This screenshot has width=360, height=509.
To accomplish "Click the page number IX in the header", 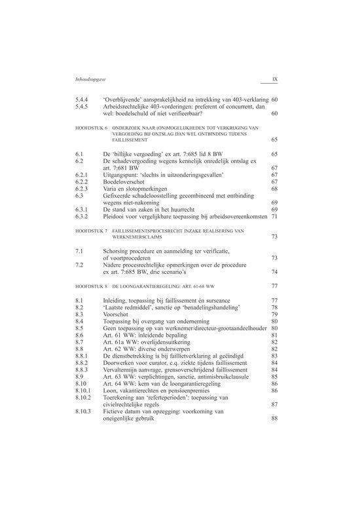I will [275, 81].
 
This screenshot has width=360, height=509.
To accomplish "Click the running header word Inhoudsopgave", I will [92, 81].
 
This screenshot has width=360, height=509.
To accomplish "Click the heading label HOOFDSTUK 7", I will [92, 232].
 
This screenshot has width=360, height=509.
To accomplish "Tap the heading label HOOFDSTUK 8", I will [92, 287].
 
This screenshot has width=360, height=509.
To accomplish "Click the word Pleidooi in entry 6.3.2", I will [115, 216].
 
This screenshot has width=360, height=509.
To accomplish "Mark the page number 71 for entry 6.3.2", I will [275, 216].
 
